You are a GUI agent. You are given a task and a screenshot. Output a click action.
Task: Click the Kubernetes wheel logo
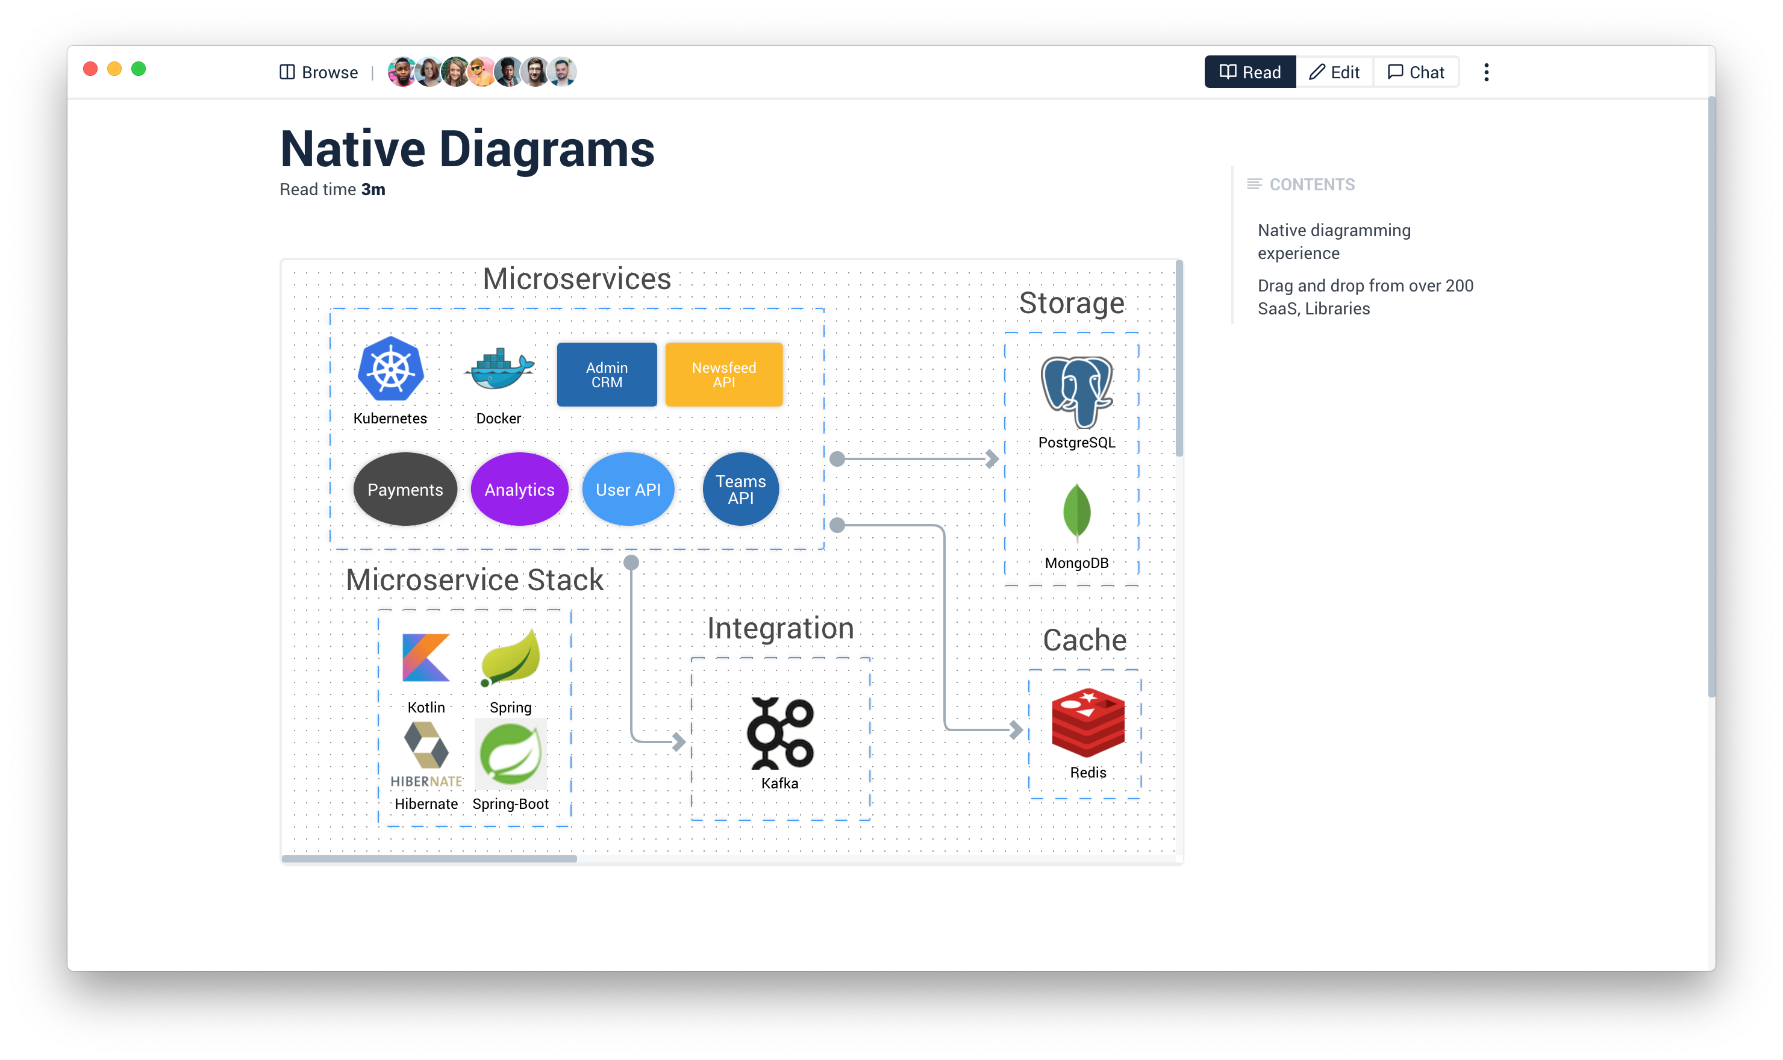[391, 369]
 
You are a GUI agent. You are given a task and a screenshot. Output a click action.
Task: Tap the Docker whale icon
[499, 369]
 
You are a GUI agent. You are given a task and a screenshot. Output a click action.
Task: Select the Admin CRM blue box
[607, 374]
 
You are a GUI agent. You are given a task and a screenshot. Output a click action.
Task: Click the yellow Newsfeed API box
[723, 374]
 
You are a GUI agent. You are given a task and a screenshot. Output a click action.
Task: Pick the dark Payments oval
[405, 489]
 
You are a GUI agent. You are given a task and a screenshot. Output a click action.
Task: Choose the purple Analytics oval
[519, 489]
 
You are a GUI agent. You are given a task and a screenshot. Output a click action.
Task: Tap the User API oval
[628, 489]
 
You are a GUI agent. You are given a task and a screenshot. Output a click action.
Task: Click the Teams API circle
[741, 489]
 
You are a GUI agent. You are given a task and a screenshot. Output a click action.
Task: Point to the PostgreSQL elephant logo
[1076, 391]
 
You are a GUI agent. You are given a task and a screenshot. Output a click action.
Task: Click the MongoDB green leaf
[1076, 511]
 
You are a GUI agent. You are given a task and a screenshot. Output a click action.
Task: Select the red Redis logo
[1088, 722]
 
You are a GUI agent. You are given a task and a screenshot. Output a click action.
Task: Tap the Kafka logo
[780, 733]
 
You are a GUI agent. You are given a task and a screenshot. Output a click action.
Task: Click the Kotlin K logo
[426, 657]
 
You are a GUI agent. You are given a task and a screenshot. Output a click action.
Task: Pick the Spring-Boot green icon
[510, 754]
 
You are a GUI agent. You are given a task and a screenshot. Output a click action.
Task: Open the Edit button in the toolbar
[1334, 72]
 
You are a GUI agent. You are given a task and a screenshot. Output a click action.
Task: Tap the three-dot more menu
[1487, 72]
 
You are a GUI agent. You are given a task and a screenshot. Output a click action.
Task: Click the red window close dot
[90, 69]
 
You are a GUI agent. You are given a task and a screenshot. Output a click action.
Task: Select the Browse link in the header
[319, 72]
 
